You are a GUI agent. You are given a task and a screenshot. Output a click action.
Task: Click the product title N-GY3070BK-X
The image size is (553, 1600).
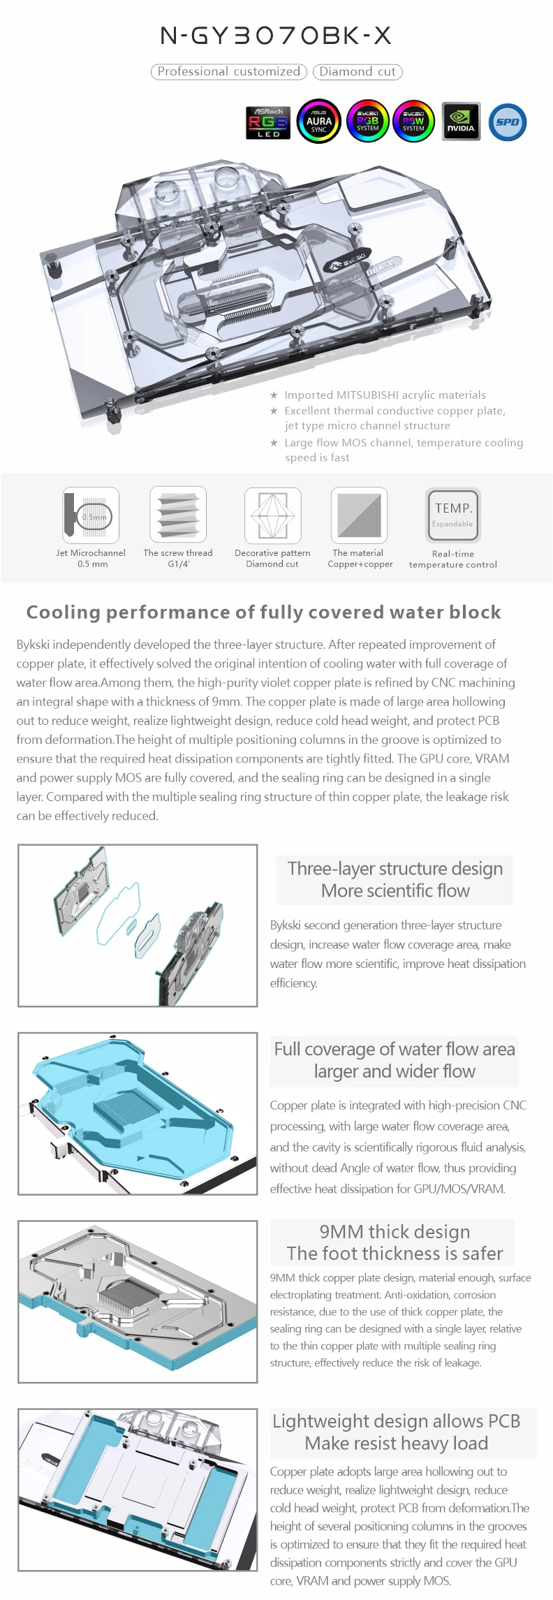point(276,36)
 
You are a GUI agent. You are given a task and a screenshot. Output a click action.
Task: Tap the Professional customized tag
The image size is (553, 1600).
point(228,71)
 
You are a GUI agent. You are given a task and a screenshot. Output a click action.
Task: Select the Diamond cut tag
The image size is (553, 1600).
point(357,71)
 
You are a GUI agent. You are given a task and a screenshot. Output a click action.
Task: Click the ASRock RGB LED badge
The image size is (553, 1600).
point(268,122)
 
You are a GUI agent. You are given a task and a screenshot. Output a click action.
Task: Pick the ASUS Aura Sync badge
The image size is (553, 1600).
point(319,122)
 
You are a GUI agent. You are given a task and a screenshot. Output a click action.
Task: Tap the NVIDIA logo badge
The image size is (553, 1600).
point(461,122)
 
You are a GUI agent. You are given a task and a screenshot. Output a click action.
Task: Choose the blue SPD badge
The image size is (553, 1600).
point(508,122)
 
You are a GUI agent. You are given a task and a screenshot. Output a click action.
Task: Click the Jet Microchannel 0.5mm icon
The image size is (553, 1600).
point(91,515)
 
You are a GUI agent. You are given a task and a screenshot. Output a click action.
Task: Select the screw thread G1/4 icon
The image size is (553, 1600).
point(178,515)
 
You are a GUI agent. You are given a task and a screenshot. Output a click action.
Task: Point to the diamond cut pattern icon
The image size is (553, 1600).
point(272,515)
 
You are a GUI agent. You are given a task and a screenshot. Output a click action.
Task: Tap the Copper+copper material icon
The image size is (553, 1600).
point(359,515)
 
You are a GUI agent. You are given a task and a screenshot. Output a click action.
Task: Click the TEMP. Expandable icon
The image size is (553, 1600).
point(453,515)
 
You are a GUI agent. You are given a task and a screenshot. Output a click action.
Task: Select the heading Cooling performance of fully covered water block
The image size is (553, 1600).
point(263,612)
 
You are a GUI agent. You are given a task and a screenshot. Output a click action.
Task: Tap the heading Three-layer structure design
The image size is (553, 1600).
point(395,868)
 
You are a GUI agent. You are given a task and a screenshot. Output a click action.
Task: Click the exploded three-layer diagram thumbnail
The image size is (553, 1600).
point(138,925)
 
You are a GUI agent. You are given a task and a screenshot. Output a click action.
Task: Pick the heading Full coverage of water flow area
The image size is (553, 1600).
point(395,1049)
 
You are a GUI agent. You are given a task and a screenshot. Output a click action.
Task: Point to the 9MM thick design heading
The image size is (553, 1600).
point(395,1231)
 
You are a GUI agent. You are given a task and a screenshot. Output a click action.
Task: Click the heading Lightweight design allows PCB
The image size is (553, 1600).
point(396,1421)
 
